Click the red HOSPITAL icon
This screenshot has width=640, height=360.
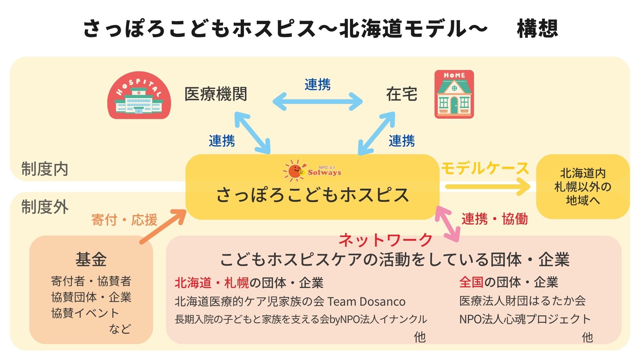pos(139,95)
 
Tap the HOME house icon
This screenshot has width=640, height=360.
pos(454,94)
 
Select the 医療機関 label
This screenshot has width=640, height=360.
pos(216,94)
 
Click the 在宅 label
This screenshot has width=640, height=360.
pos(402,94)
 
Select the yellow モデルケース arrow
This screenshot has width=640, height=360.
pos(488,186)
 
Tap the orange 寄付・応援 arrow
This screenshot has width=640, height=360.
pos(163,226)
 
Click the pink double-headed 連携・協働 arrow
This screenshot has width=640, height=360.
pos(448,224)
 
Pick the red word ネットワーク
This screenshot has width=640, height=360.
pos(386,240)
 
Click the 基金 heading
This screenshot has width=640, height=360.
pos(91,259)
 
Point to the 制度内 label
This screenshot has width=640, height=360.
pos(45,169)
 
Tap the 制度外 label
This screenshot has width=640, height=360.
pos(45,207)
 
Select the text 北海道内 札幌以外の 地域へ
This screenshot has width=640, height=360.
pos(583,187)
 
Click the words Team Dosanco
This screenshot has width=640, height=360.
pos(367,302)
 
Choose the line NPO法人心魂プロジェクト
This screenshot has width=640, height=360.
pos(525,319)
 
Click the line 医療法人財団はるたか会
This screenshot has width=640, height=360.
pos(522,301)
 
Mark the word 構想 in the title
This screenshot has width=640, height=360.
pos(537,28)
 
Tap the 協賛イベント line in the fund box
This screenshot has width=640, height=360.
pos(85,313)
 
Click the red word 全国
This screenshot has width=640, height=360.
pos(471,282)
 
